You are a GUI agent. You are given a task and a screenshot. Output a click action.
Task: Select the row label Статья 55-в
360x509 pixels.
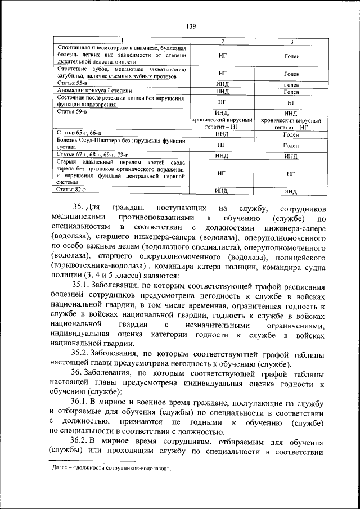point(72,83)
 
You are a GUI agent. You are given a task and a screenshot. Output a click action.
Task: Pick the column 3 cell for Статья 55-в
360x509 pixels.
point(291,84)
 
